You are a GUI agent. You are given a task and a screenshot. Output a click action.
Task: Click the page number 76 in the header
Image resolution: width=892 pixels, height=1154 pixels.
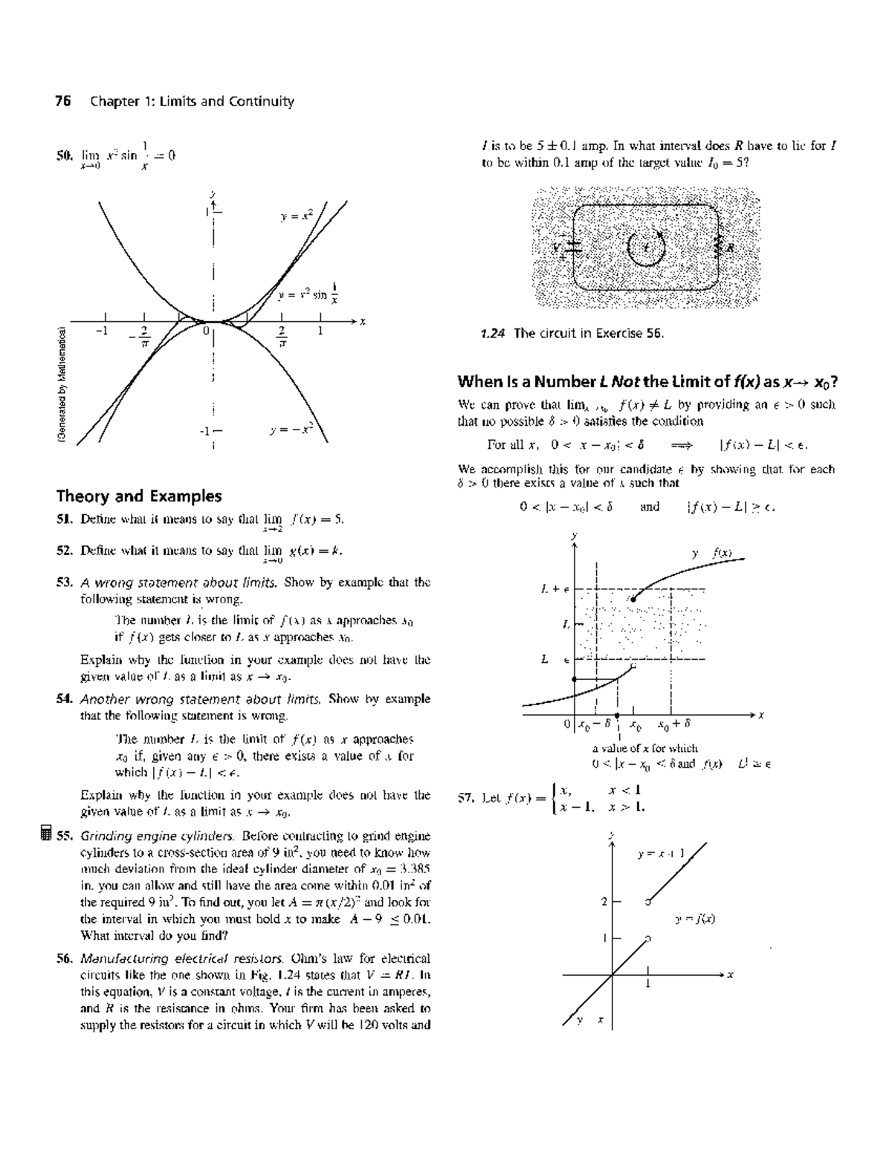click(63, 102)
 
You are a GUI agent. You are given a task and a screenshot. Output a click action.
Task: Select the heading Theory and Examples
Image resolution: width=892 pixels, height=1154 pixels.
click(139, 496)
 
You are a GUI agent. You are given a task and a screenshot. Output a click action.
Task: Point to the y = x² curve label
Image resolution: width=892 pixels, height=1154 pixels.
click(297, 217)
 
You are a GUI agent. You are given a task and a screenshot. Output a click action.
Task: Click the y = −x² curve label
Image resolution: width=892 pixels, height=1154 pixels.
click(294, 429)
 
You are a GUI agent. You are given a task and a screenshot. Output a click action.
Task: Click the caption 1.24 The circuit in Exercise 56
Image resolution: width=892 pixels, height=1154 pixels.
click(572, 334)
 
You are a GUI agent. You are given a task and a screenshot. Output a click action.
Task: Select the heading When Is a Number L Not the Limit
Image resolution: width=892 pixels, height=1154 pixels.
click(647, 383)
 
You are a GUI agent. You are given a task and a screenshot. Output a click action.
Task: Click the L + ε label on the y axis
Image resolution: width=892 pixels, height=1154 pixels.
click(555, 589)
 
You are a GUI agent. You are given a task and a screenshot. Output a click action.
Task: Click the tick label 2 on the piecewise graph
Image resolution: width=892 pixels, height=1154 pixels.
click(604, 902)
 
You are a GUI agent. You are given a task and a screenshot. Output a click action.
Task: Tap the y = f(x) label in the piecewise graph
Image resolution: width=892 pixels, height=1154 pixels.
click(695, 919)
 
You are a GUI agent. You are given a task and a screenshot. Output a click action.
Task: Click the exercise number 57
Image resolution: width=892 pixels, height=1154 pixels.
click(466, 799)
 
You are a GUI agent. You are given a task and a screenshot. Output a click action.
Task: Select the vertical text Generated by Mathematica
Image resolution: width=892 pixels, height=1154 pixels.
click(65, 386)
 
